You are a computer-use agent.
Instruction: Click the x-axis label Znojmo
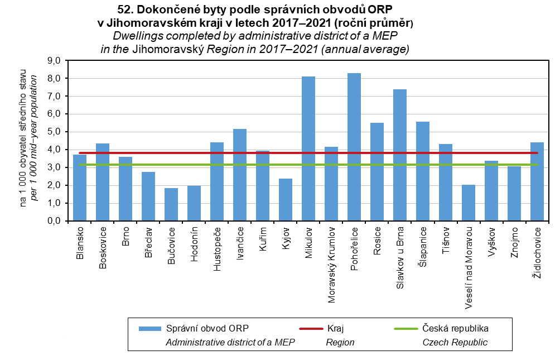tap(514, 241)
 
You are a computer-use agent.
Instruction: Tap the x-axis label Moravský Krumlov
tap(331, 264)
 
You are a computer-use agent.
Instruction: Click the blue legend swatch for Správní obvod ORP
tap(149, 327)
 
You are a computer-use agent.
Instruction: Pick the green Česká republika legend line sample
tap(406, 327)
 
